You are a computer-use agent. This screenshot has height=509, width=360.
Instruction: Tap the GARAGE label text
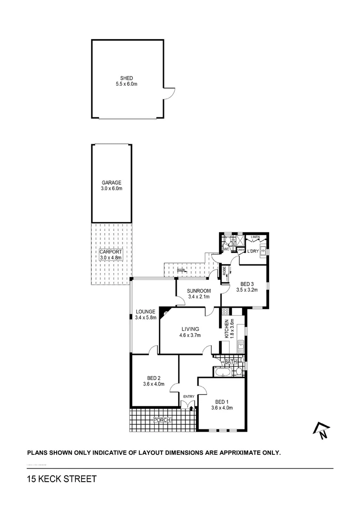tap(112, 182)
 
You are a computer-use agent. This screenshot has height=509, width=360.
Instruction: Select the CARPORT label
tap(111, 252)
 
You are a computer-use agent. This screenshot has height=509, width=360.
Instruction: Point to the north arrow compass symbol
tap(321, 429)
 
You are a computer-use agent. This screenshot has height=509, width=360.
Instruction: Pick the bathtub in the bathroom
tap(221, 372)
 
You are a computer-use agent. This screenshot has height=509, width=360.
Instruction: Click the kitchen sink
tap(241, 348)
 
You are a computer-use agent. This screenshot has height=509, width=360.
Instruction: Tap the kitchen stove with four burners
tap(226, 312)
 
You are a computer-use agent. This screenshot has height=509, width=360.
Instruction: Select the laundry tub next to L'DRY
tap(263, 251)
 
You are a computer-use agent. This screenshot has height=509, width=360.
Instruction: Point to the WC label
tap(226, 249)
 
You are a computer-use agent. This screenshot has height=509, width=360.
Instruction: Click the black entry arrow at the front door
tap(191, 408)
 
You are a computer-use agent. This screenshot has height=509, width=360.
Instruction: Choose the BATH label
tap(230, 362)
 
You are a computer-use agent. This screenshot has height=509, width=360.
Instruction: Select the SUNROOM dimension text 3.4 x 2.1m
tap(198, 296)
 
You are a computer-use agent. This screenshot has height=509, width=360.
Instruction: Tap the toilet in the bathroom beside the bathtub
tap(239, 372)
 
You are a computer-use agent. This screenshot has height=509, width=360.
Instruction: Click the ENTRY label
tap(188, 396)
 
